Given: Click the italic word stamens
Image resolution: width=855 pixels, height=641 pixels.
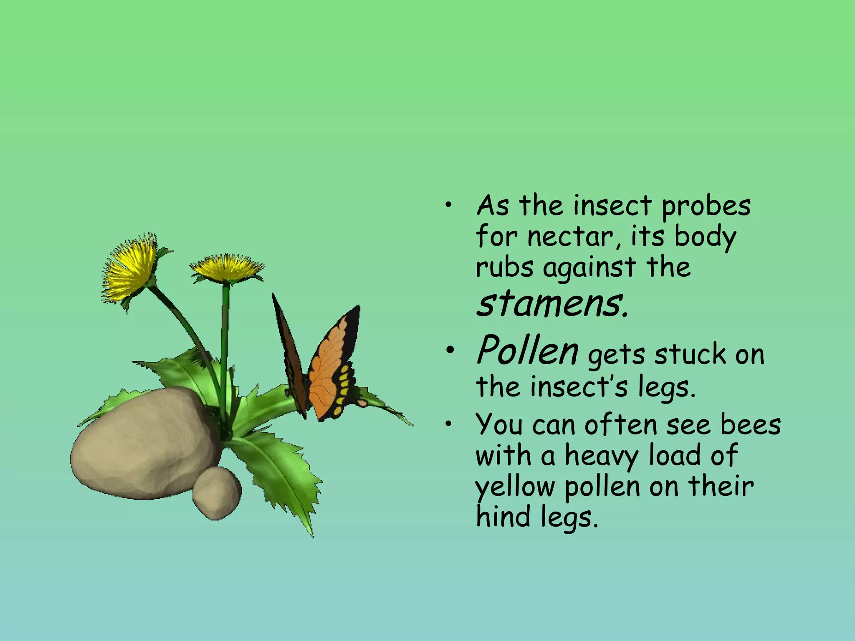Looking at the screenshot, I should click(x=552, y=304).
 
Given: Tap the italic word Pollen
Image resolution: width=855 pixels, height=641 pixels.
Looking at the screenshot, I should click(x=528, y=351).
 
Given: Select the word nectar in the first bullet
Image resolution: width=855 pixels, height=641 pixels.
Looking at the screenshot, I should click(x=570, y=237).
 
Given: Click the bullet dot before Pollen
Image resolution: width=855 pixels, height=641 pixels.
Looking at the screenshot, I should click(x=449, y=352).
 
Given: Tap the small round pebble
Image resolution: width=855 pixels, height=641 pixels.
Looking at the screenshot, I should click(x=217, y=492).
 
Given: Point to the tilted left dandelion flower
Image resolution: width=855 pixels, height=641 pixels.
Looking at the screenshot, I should click(x=129, y=269).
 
